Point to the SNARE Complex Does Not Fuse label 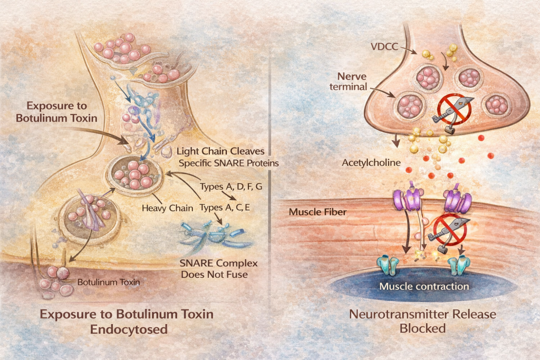click(213, 268)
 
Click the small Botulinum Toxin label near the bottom click(109, 282)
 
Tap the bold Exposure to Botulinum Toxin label click(56, 111)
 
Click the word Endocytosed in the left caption click(127, 329)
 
